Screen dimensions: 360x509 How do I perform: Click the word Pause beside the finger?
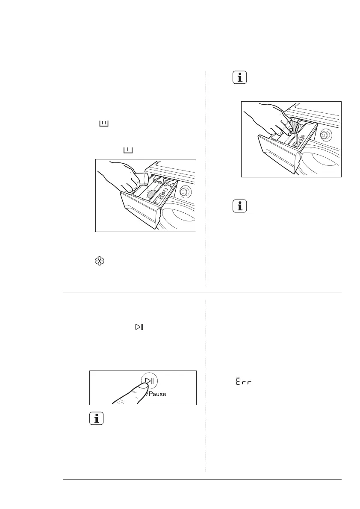point(156,394)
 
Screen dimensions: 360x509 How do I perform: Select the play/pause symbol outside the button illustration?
point(139,327)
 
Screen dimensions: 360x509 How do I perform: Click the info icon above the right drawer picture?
point(240,78)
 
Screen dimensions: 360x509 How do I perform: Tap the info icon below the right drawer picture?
point(240,206)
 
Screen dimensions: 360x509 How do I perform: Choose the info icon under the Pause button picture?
point(97,418)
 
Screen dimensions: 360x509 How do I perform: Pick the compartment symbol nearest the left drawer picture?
point(128,150)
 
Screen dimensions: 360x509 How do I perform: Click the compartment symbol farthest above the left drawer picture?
point(104,124)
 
